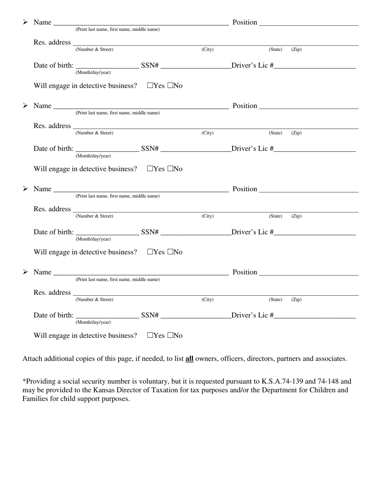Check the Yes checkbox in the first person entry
(x=150, y=86)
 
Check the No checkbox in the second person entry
(x=170, y=169)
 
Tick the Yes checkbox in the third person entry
(x=150, y=252)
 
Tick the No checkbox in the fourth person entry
(x=170, y=335)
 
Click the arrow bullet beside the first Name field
(x=25, y=22)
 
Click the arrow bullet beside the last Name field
(x=25, y=272)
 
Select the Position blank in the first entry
(x=309, y=23)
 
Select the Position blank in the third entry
(x=309, y=190)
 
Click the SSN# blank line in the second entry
(x=195, y=149)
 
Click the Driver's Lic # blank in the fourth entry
(x=315, y=316)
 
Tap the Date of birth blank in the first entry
(x=107, y=66)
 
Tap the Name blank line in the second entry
(x=140, y=106)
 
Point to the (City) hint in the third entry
(x=207, y=216)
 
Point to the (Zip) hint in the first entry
(x=296, y=49)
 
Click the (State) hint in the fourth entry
(x=276, y=300)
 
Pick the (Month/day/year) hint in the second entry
(x=93, y=156)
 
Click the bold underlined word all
(x=189, y=359)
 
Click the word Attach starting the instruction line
(x=32, y=359)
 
